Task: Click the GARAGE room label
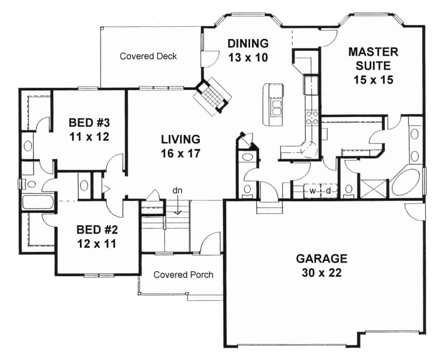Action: (x=321, y=258)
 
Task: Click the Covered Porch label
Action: (x=183, y=274)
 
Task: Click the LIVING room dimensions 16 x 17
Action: (x=180, y=153)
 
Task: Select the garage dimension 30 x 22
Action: (x=321, y=273)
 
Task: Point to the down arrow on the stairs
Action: (x=178, y=207)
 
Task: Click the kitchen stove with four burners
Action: (x=311, y=117)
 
